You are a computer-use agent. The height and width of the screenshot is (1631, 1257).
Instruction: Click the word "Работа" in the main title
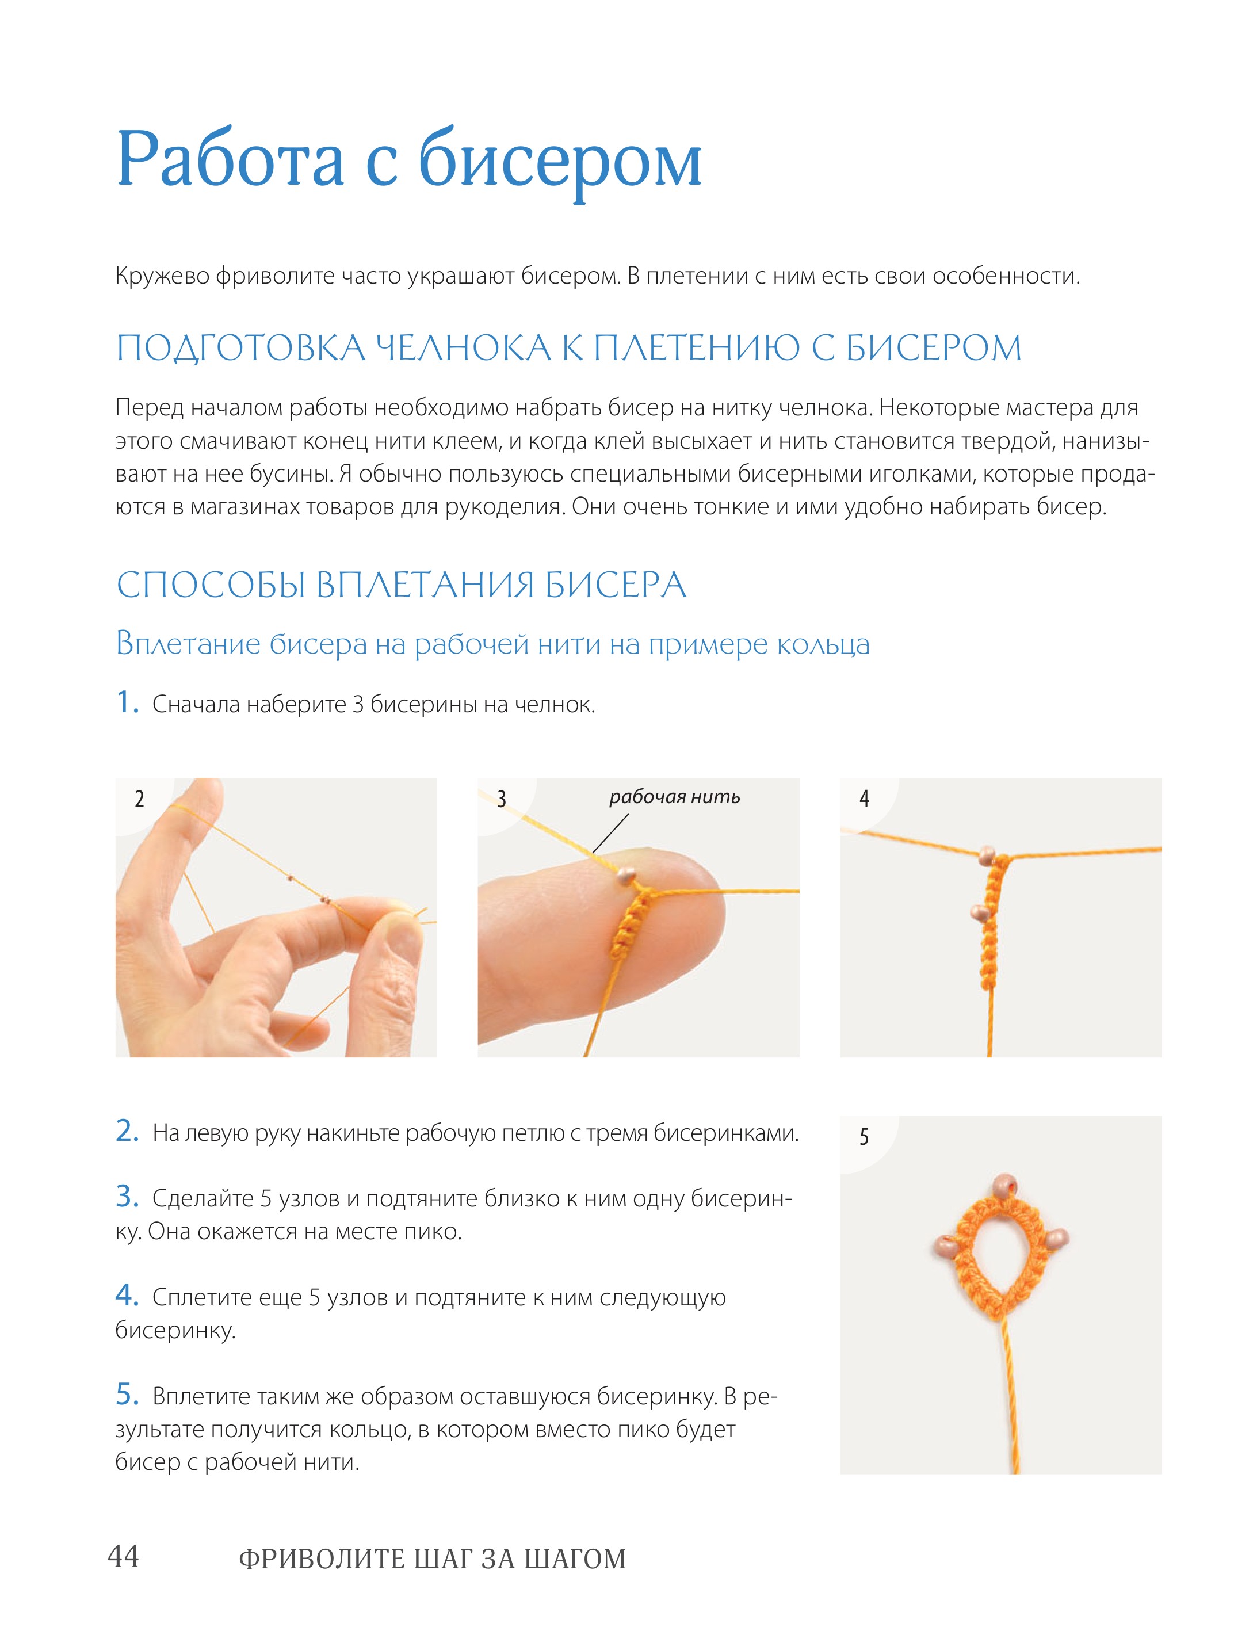click(230, 158)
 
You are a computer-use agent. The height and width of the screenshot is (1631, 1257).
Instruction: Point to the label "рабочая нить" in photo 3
click(674, 797)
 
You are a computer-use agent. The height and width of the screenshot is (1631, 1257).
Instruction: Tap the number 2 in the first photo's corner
click(139, 800)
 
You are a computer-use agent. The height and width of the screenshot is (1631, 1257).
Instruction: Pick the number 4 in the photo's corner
click(864, 799)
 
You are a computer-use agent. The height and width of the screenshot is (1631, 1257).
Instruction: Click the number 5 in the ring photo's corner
click(864, 1137)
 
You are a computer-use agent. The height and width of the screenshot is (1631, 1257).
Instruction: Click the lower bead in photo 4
click(977, 912)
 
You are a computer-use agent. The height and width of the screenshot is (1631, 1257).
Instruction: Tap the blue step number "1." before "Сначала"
click(128, 702)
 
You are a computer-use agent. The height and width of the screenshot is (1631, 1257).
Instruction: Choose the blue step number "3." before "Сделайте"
click(128, 1197)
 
